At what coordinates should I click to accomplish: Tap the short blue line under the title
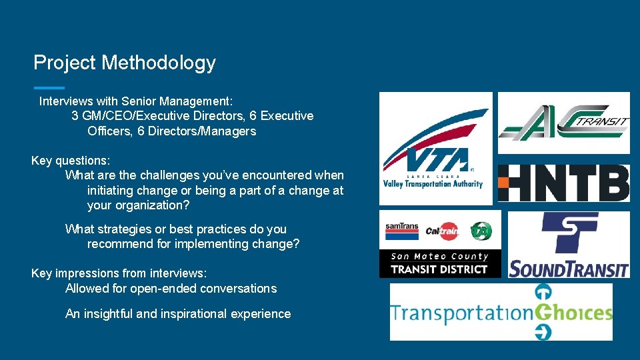[49, 87]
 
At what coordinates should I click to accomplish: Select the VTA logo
[435, 148]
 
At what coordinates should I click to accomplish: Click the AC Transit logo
[564, 123]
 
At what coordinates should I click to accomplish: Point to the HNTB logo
[564, 183]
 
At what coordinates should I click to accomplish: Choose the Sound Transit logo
[569, 245]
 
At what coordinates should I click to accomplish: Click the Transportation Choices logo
[501, 312]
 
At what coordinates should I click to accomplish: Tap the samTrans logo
[401, 231]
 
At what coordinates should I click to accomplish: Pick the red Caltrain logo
[442, 231]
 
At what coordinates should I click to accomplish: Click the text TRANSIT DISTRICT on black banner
[439, 269]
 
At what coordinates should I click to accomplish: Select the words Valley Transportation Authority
[433, 184]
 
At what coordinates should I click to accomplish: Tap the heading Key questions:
[71, 161]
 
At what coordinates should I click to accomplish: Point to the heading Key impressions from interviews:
[119, 273]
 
